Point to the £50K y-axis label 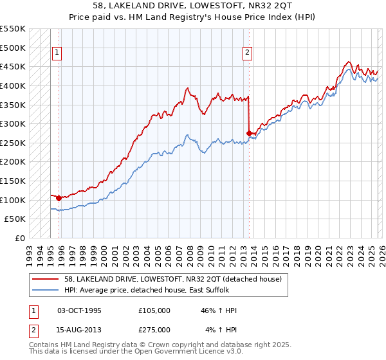[x=15, y=219]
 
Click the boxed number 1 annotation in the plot [x=58, y=53]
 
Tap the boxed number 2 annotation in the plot [x=248, y=53]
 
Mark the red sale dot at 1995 [x=59, y=198]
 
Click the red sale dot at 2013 [x=249, y=134]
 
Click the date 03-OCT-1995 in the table [x=80, y=310]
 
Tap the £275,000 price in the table [x=154, y=330]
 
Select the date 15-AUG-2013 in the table [x=80, y=330]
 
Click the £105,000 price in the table [x=154, y=310]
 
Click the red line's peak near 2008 [x=187, y=88]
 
